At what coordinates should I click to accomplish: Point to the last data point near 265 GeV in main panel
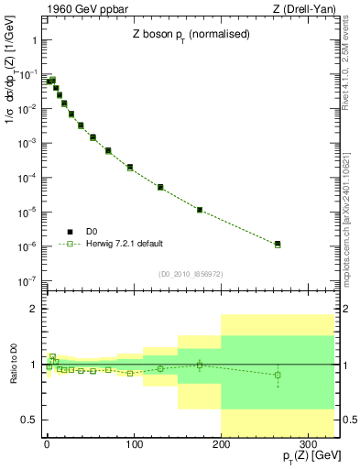coord(278,245)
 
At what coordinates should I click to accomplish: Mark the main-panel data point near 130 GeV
coord(160,187)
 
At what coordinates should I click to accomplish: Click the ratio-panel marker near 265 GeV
coord(278,375)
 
